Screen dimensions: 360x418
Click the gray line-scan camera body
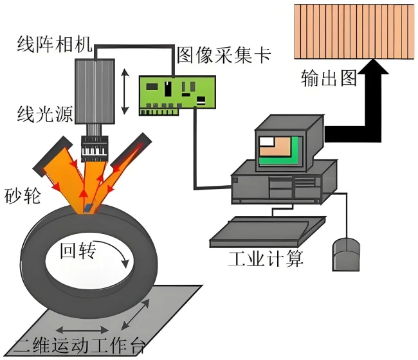[x=95, y=90]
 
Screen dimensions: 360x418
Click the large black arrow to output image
[x=360, y=109]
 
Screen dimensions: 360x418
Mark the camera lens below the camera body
[x=95, y=147]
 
